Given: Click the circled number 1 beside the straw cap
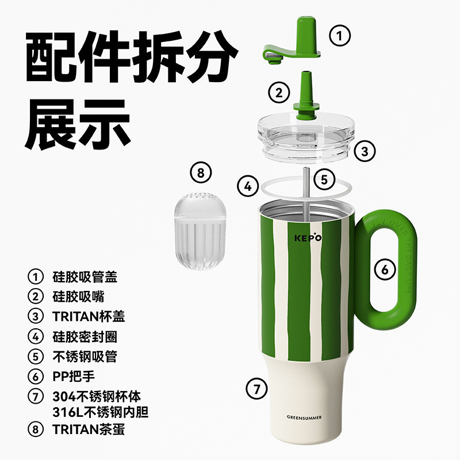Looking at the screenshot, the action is (x=340, y=36).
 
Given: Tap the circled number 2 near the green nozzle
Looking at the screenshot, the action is (x=279, y=93).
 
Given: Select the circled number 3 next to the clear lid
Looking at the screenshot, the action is (x=365, y=151).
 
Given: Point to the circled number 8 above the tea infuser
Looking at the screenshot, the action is (x=201, y=172).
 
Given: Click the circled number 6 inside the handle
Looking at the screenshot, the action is (x=385, y=269).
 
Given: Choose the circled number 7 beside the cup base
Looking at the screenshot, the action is (x=256, y=389).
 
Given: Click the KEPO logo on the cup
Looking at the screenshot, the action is (x=308, y=237).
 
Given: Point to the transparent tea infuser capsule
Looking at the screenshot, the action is (x=200, y=231).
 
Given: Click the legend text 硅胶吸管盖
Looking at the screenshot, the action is (x=85, y=277).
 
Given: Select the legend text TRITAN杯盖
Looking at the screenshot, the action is (x=89, y=317).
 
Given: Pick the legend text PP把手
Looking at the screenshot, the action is (x=74, y=377).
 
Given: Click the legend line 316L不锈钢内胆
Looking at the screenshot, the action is (x=100, y=412).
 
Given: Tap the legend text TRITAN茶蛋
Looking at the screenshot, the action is (x=89, y=430).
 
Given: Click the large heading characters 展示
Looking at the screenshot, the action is (x=78, y=124).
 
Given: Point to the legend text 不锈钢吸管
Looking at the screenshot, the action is (x=85, y=356).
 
